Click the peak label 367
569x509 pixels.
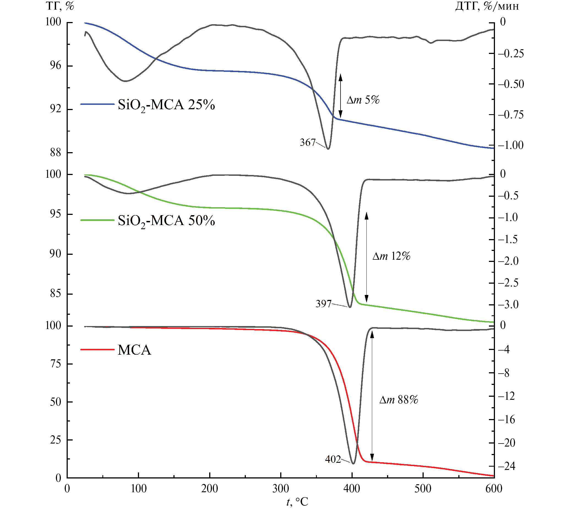(307, 143)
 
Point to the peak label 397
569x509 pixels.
(323, 304)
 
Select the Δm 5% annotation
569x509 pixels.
(363, 100)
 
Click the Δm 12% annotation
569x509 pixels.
(391, 256)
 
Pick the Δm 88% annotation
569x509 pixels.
(398, 400)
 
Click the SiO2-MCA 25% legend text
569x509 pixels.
(166, 105)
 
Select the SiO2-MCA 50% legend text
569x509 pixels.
(166, 221)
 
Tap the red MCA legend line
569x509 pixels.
(97, 350)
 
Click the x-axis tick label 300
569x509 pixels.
(281, 489)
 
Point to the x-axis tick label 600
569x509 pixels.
(494, 489)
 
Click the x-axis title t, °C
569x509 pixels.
(297, 502)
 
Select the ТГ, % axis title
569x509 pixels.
(60, 6)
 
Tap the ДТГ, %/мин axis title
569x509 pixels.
(487, 6)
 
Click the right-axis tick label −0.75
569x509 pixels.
(511, 115)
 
